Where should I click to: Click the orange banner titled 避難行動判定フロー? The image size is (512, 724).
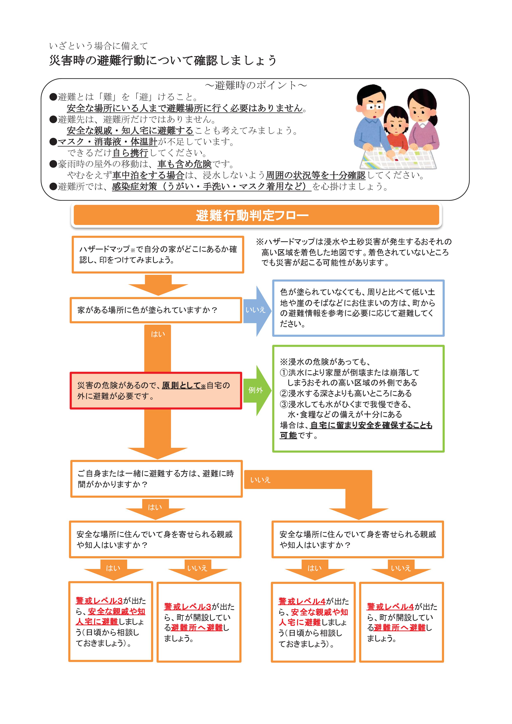[x=256, y=215]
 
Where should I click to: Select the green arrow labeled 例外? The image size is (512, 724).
[x=257, y=390]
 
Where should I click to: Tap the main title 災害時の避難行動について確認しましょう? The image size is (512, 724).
[x=163, y=60]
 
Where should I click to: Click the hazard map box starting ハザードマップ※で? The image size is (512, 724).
[x=158, y=254]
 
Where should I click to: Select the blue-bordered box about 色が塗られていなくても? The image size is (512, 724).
[x=358, y=308]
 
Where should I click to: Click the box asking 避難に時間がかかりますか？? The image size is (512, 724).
[x=156, y=479]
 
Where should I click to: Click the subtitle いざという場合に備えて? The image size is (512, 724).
[x=99, y=46]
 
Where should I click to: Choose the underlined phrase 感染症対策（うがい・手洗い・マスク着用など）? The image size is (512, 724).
[x=211, y=187]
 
